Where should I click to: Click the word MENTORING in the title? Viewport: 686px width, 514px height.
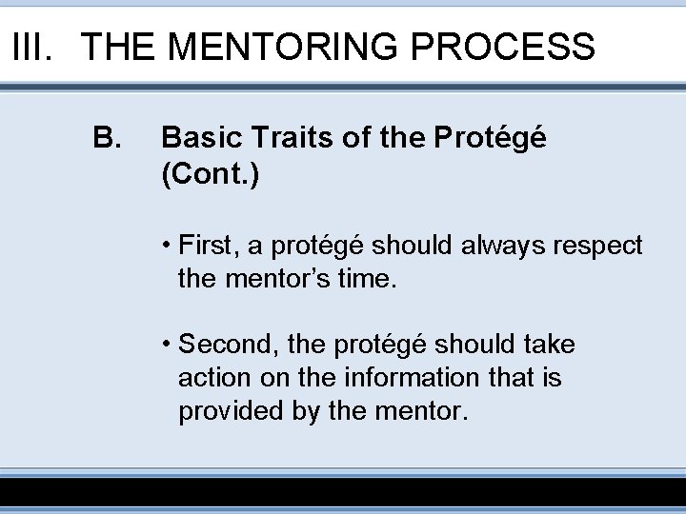pyautogui.click(x=281, y=46)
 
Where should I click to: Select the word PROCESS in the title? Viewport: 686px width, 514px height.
pyautogui.click(x=505, y=46)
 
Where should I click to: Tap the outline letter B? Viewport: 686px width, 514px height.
pyautogui.click(x=106, y=140)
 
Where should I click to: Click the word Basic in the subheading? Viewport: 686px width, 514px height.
pyautogui.click(x=196, y=140)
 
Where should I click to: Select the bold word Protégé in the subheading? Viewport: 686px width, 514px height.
pyautogui.click(x=489, y=140)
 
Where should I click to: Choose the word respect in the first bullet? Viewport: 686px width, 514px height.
pyautogui.click(x=600, y=247)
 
